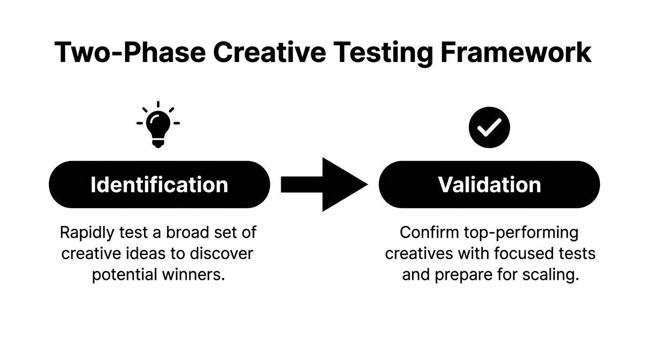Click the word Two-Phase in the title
tap(130, 52)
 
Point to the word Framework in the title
tap(515, 52)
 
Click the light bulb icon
tap(158, 124)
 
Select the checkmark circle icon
tap(489, 127)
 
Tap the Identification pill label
tap(159, 185)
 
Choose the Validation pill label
tap(489, 185)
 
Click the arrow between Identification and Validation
tap(324, 185)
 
